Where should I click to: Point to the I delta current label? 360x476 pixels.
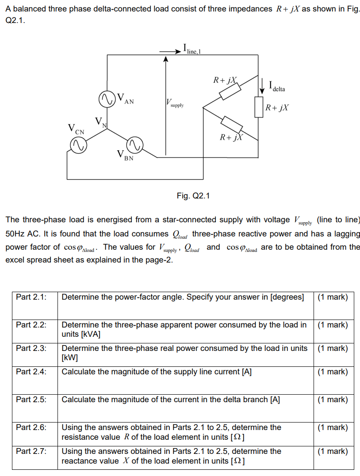(x=277, y=86)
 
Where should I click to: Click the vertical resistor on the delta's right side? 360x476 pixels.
(x=259, y=107)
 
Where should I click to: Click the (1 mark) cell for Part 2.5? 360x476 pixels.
(x=333, y=400)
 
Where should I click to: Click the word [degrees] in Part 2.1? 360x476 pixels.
(x=287, y=297)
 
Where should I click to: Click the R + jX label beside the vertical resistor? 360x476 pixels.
(x=278, y=107)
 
